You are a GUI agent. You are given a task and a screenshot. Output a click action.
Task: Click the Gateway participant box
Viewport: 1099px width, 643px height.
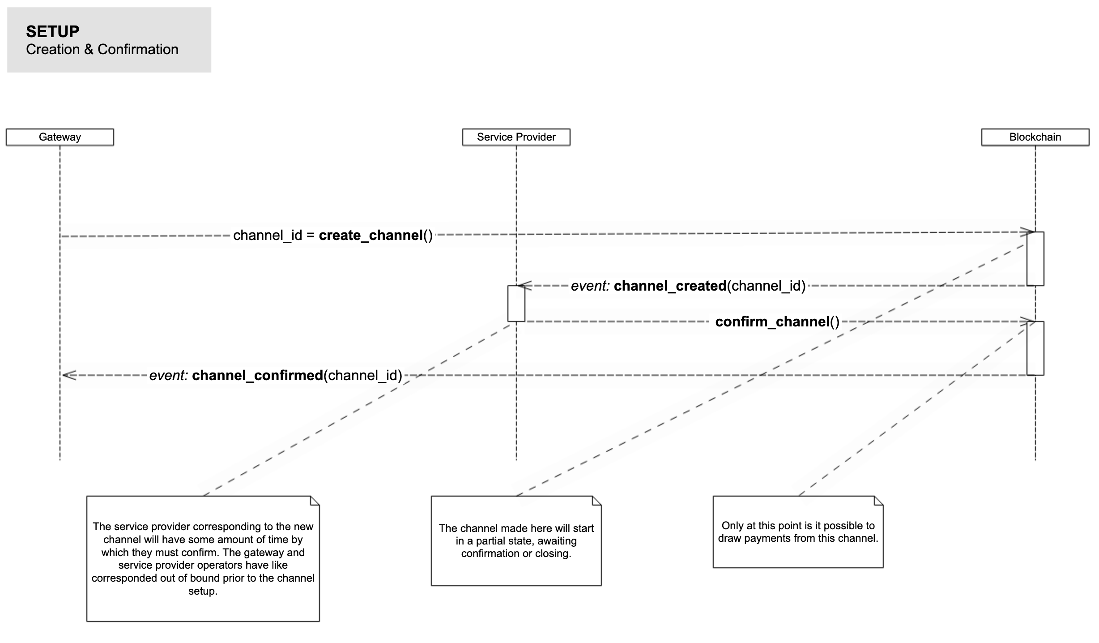pyautogui.click(x=60, y=137)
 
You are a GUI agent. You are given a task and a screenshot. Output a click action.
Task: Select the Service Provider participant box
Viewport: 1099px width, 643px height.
pyautogui.click(x=516, y=137)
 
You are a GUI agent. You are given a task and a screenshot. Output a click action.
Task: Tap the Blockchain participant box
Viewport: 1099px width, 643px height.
pyautogui.click(x=1035, y=137)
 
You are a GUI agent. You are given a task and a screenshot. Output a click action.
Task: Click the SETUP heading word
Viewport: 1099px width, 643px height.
pyautogui.click(x=52, y=31)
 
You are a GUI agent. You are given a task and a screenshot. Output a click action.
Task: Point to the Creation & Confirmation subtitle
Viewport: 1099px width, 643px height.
pyautogui.click(x=102, y=49)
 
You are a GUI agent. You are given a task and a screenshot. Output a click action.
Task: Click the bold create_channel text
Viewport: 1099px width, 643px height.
pyautogui.click(x=371, y=235)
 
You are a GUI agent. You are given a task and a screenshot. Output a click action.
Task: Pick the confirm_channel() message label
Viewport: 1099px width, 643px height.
pyautogui.click(x=777, y=321)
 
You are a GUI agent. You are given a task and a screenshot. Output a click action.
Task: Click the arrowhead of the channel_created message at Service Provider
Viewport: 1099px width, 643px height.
pyautogui.click(x=524, y=285)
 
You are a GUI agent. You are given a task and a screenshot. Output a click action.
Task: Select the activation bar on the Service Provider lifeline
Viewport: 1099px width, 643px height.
pyautogui.click(x=516, y=303)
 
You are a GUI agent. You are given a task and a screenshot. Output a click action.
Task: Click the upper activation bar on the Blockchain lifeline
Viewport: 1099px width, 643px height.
pyautogui.click(x=1035, y=258)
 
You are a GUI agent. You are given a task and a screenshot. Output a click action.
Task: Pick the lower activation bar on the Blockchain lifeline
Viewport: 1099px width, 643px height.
pyautogui.click(x=1035, y=348)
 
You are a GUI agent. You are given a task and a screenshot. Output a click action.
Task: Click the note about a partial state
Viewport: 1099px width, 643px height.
pyautogui.click(x=516, y=541)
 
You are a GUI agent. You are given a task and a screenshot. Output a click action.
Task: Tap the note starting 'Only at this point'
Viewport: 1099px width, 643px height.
pyautogui.click(x=798, y=532)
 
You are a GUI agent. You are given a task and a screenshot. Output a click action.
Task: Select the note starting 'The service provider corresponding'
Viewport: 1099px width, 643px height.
pyautogui.click(x=203, y=558)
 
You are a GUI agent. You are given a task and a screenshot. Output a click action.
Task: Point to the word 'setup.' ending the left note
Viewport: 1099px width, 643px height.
pyautogui.click(x=203, y=591)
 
